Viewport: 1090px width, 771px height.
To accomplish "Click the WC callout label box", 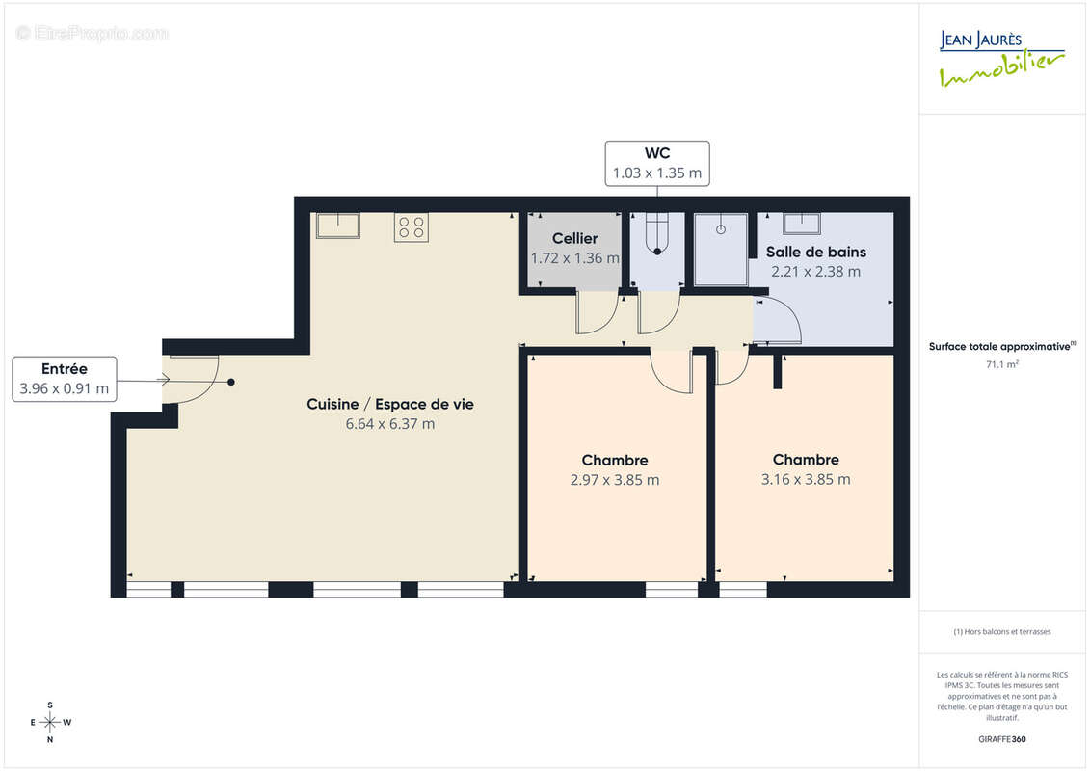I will pos(657,164).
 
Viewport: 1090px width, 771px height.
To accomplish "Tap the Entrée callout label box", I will pos(65,379).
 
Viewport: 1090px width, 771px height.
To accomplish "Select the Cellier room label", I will pos(575,238).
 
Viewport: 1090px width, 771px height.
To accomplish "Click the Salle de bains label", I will pos(815,252).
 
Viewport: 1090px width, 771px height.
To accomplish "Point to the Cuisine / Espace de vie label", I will pos(390,405).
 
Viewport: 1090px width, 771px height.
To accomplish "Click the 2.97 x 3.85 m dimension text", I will pos(615,480).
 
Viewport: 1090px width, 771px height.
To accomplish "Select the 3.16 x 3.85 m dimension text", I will pos(806,479).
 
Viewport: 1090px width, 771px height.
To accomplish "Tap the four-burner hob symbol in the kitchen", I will pos(412,227).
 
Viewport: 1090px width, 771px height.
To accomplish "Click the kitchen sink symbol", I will pos(337,226).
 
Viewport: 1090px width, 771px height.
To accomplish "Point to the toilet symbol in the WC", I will pos(657,235).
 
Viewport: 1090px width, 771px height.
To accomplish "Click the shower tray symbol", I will pos(721,250).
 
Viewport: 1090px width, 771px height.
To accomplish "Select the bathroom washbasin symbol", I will pos(801,224).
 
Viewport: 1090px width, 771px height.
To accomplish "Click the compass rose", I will pos(50,722).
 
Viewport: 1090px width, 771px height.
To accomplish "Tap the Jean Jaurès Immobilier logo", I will pos(1002,60).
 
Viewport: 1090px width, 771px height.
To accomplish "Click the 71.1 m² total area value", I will pos(1002,364).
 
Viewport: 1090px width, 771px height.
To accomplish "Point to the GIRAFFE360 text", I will pos(1002,739).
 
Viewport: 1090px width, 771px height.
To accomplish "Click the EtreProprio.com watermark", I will pos(93,34).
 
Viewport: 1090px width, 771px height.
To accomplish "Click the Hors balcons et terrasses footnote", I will pos(1002,632).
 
